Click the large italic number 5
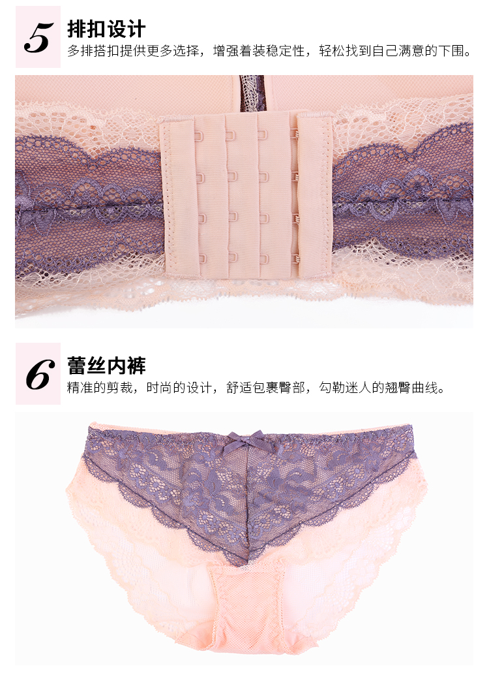pyautogui.click(x=38, y=38)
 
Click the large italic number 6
pyautogui.click(x=40, y=375)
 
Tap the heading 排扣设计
pyautogui.click(x=106, y=29)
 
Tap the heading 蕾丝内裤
pyautogui.click(x=106, y=366)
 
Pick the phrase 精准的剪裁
pyautogui.click(x=100, y=387)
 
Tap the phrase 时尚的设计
pyautogui.click(x=179, y=387)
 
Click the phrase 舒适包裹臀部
pyautogui.click(x=265, y=387)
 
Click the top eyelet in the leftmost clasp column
pyautogui.click(x=199, y=136)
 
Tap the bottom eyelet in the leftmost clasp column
pyautogui.click(x=199, y=259)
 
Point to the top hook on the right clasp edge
pyautogui.click(x=295, y=134)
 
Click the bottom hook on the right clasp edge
pyautogui.click(x=295, y=259)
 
